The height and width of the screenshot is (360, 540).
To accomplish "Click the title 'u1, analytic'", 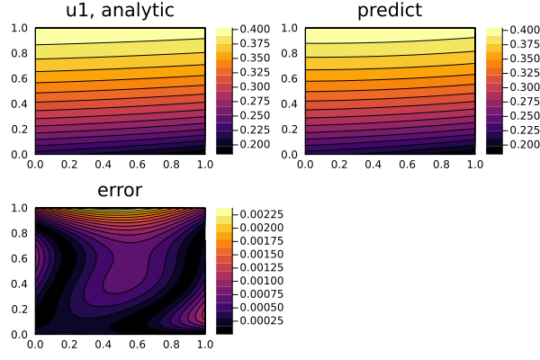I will click(120, 12).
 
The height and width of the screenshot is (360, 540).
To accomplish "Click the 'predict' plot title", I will click(389, 12).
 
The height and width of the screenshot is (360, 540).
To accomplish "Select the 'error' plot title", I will click(120, 191).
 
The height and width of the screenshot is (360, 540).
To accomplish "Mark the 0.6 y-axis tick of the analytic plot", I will click(19, 78).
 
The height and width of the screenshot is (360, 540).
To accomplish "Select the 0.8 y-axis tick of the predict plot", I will click(289, 53).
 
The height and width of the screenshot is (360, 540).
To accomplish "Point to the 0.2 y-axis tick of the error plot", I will click(19, 309).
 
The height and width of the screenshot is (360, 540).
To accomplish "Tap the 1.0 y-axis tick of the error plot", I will click(19, 208).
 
